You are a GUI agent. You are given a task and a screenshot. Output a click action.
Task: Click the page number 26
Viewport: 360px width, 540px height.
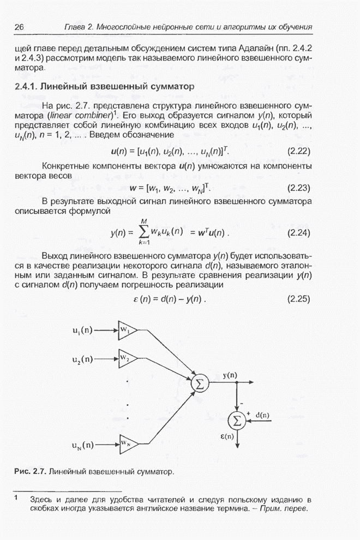20,27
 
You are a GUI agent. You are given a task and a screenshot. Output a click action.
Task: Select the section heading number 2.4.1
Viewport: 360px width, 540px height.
26,86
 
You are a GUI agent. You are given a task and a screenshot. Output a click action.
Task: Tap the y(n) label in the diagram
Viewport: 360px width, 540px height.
230,375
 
